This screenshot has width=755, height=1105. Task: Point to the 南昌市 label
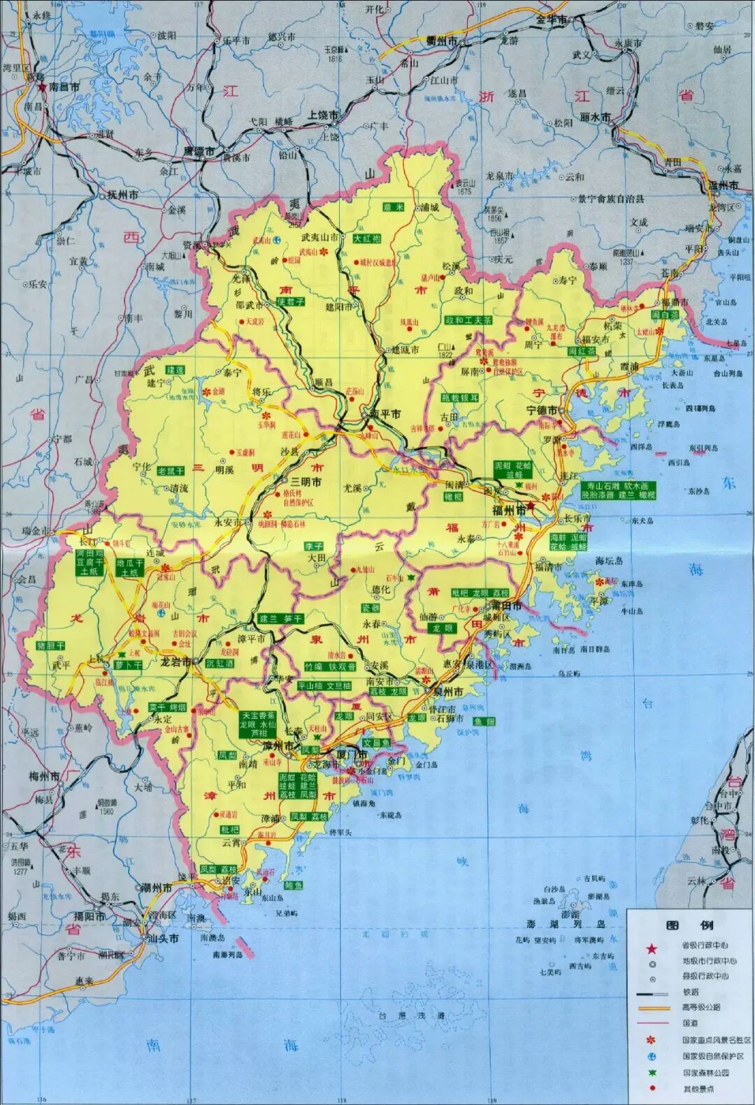pyautogui.click(x=64, y=87)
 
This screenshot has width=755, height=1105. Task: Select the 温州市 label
pyautogui.click(x=724, y=185)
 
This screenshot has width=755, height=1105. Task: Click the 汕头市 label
pyautogui.click(x=164, y=939)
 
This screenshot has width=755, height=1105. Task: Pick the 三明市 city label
pyautogui.click(x=306, y=482)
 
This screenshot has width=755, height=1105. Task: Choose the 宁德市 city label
pyautogui.click(x=542, y=409)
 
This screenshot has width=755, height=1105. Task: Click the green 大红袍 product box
pyautogui.click(x=368, y=238)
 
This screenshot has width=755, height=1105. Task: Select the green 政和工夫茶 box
pyautogui.click(x=468, y=320)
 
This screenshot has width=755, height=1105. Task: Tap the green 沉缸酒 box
pyautogui.click(x=220, y=663)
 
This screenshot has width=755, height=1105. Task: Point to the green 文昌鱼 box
pyautogui.click(x=376, y=742)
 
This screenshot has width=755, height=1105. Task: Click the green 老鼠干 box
pyautogui.click(x=171, y=471)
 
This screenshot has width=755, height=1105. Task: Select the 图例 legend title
pyautogui.click(x=689, y=925)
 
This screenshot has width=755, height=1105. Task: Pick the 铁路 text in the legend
pyautogui.click(x=690, y=992)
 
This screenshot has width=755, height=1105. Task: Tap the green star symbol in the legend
pyautogui.click(x=652, y=1072)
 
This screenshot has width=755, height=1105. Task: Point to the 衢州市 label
pyautogui.click(x=442, y=41)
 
